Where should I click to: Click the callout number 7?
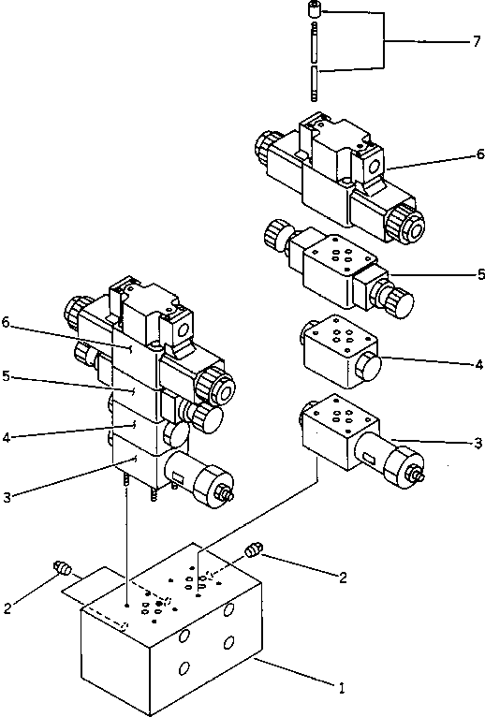tap(476, 42)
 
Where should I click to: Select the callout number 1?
tap(343, 688)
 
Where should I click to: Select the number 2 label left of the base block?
tap(7, 608)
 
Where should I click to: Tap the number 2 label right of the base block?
tap(344, 578)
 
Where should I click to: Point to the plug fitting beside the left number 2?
tap(64, 567)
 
